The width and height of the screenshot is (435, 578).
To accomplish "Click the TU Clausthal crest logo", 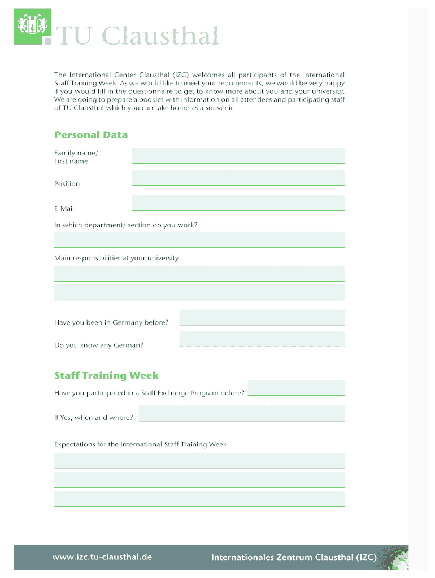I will click(x=32, y=27).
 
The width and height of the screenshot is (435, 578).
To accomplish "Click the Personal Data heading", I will click(x=91, y=135).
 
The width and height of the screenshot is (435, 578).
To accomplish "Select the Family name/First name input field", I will click(x=238, y=155).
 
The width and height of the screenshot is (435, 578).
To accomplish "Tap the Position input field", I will click(x=238, y=178).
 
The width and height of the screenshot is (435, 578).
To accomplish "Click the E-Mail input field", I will click(x=238, y=202).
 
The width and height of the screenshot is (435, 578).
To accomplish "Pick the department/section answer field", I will click(x=199, y=239).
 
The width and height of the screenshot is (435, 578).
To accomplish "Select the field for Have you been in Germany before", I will click(x=262, y=317).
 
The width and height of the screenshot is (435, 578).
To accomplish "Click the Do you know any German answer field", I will click(x=262, y=339).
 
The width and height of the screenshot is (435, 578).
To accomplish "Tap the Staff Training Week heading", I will click(x=106, y=376).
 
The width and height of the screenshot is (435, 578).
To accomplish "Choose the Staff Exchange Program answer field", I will click(x=296, y=388).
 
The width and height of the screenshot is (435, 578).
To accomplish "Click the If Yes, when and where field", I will click(x=241, y=413).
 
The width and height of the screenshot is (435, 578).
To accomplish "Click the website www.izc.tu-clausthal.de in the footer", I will click(x=102, y=557).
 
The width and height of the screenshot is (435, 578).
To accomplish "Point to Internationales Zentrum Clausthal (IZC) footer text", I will click(x=294, y=558).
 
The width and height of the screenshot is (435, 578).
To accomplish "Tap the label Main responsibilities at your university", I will click(x=116, y=258).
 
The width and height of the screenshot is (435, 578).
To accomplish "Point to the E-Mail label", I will click(x=64, y=208).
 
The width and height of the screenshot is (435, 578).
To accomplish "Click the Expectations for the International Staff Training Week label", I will click(x=140, y=444).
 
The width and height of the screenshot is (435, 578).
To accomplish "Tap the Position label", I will click(x=67, y=184).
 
